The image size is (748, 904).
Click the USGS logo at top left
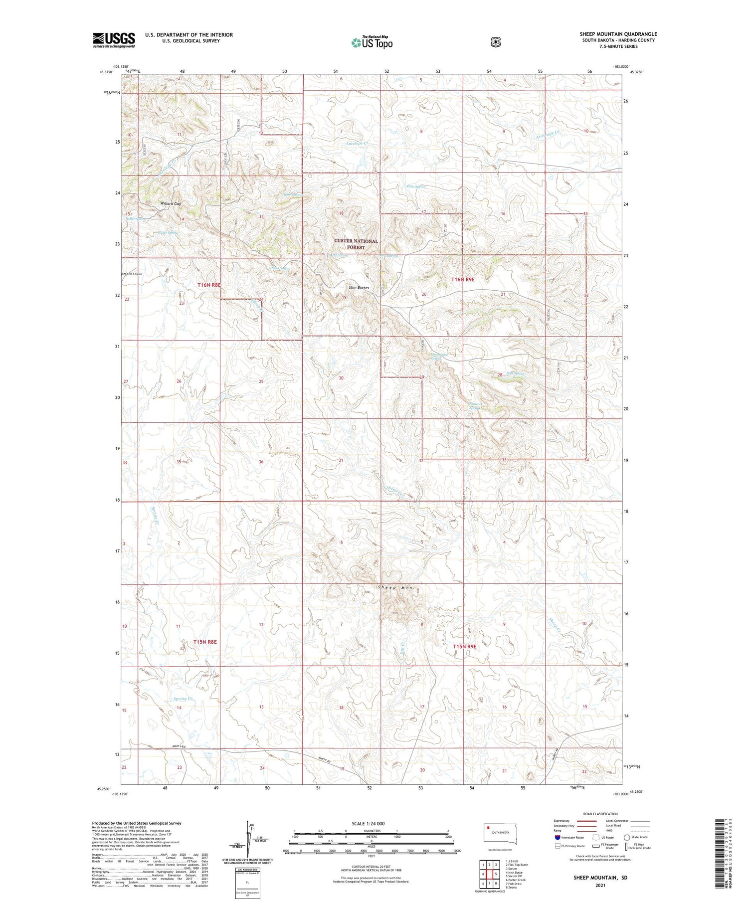coord(114,40)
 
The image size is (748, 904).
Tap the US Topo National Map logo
coord(372,42)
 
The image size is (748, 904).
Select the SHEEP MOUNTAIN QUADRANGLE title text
coord(618,34)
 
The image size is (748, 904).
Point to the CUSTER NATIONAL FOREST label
coord(356,244)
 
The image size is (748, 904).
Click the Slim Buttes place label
coord(359,288)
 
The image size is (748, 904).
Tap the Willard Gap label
coord(171,203)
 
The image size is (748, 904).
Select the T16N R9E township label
coord(463,280)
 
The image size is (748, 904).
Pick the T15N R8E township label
coord(205,642)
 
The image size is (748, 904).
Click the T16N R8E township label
coord(208,285)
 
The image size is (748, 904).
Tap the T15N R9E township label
coord(465,647)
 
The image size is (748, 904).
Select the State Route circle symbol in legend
coord(627,837)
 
